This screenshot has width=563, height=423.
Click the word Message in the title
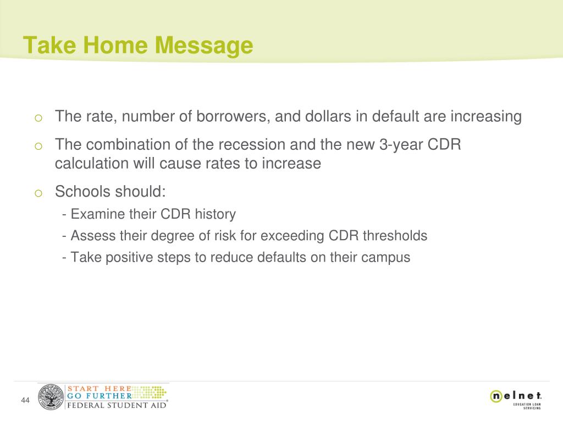click(204, 46)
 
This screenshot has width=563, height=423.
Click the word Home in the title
click(115, 45)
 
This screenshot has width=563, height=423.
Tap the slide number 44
click(25, 400)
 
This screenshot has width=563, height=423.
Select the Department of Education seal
click(51, 397)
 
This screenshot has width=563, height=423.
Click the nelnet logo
click(516, 399)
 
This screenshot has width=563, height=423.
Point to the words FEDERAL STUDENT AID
click(117, 405)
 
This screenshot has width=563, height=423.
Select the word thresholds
click(395, 236)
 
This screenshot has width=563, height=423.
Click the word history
click(215, 214)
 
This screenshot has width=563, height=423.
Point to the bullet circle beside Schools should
click(38, 193)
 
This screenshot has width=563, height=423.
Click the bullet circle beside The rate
click(38, 118)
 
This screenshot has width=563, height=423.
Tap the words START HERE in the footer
click(100, 389)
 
